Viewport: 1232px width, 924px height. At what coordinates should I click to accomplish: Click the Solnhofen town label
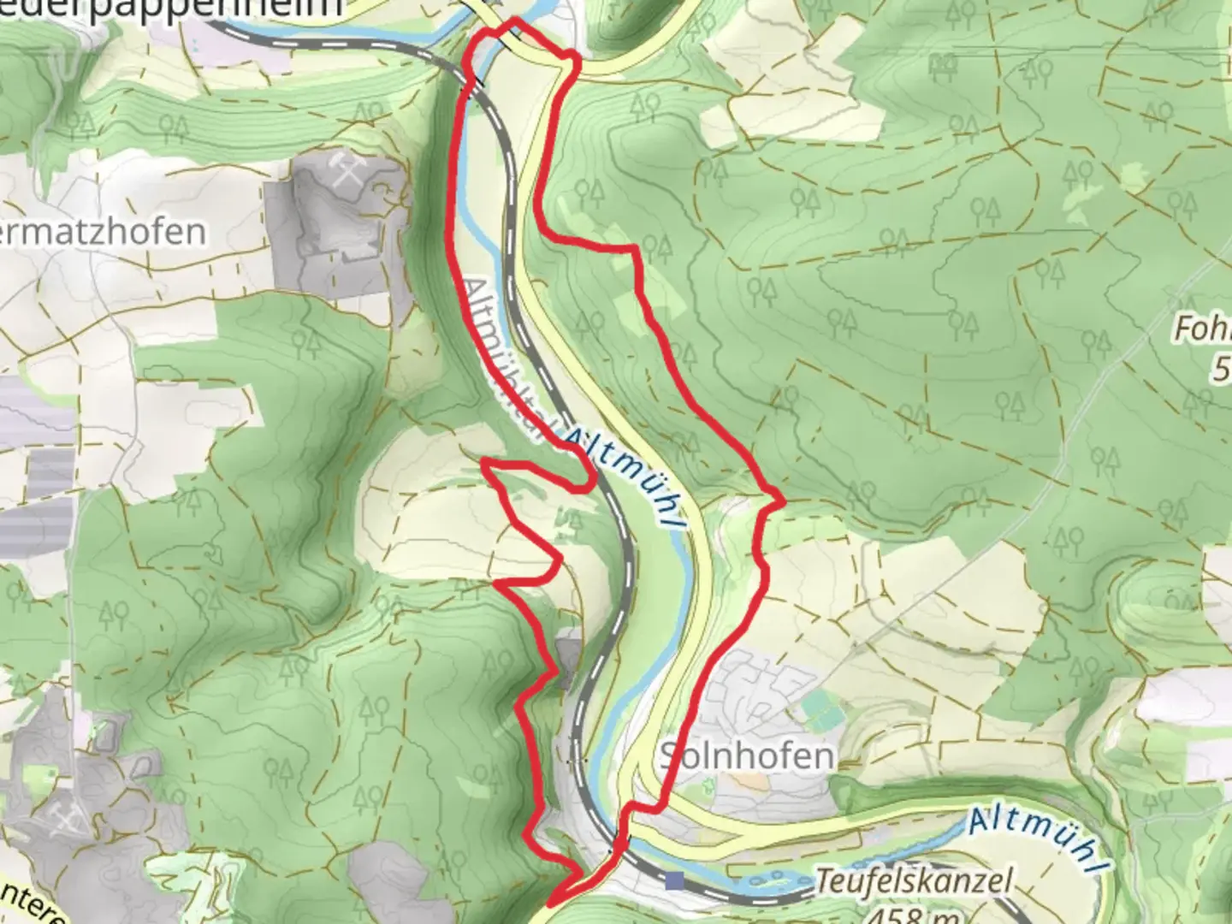point(746,755)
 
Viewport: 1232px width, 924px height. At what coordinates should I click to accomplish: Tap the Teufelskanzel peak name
point(914,880)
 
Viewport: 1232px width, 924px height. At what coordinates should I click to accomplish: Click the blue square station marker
point(678,880)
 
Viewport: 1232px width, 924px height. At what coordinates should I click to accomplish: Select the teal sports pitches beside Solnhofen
point(819,712)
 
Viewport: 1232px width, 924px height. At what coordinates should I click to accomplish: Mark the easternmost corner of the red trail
point(781,499)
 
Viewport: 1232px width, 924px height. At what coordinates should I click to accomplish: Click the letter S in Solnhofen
point(670,756)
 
